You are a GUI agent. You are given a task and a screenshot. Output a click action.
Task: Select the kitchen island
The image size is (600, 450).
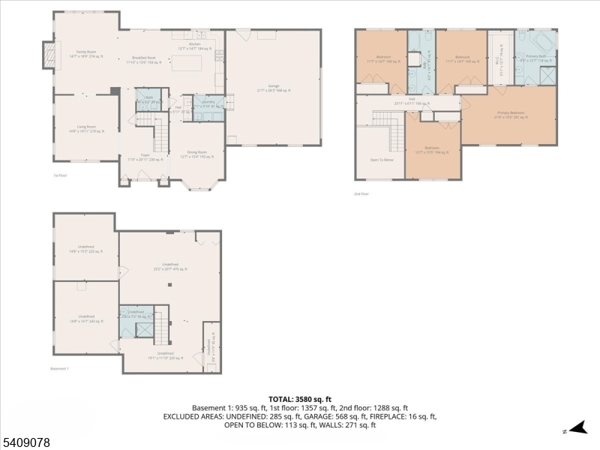pyautogui.click(x=187, y=62)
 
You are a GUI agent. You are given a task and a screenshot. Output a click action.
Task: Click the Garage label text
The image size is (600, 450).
pyautogui.click(x=274, y=88)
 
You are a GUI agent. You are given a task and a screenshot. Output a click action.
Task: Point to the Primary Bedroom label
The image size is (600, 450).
pyautogui.click(x=510, y=114)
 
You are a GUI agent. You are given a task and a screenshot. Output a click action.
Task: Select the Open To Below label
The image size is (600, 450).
pyautogui.click(x=381, y=159)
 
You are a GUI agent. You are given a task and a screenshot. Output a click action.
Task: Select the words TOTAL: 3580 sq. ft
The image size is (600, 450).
pyautogui.click(x=300, y=398)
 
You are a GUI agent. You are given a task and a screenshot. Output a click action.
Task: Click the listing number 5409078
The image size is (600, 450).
pyautogui.click(x=26, y=442)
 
